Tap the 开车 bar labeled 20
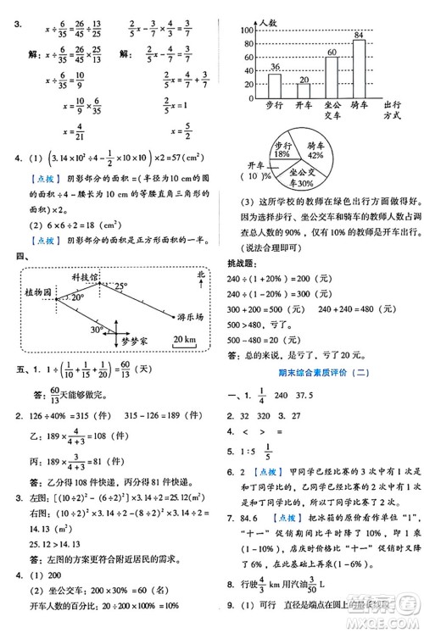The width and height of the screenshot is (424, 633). [303, 92]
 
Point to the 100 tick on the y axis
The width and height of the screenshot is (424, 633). [248, 30]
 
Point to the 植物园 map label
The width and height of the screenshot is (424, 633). [36, 292]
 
